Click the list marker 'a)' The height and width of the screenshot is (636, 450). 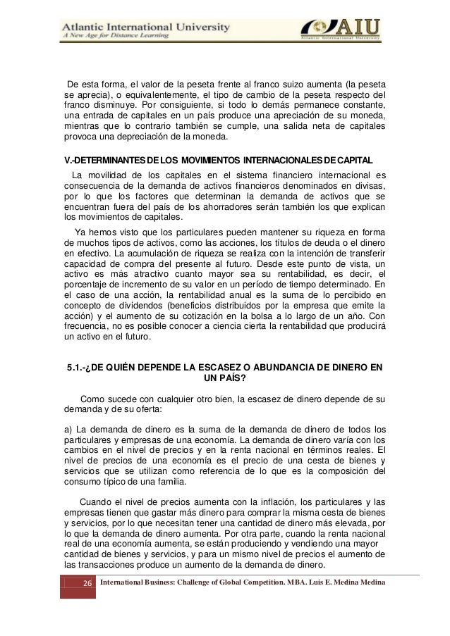tap(68, 429)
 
